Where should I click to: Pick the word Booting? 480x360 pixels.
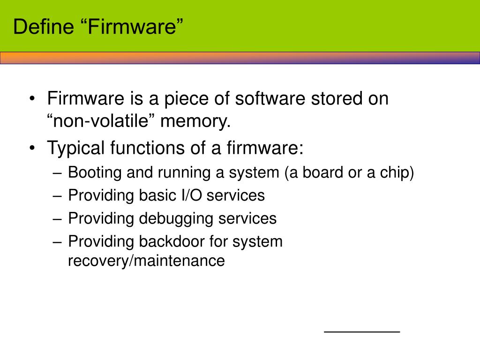(95, 173)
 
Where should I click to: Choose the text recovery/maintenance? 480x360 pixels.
(146, 261)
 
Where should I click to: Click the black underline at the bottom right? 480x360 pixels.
(362, 331)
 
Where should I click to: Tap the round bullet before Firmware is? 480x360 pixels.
(32, 99)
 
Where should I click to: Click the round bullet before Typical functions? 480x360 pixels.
(32, 149)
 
